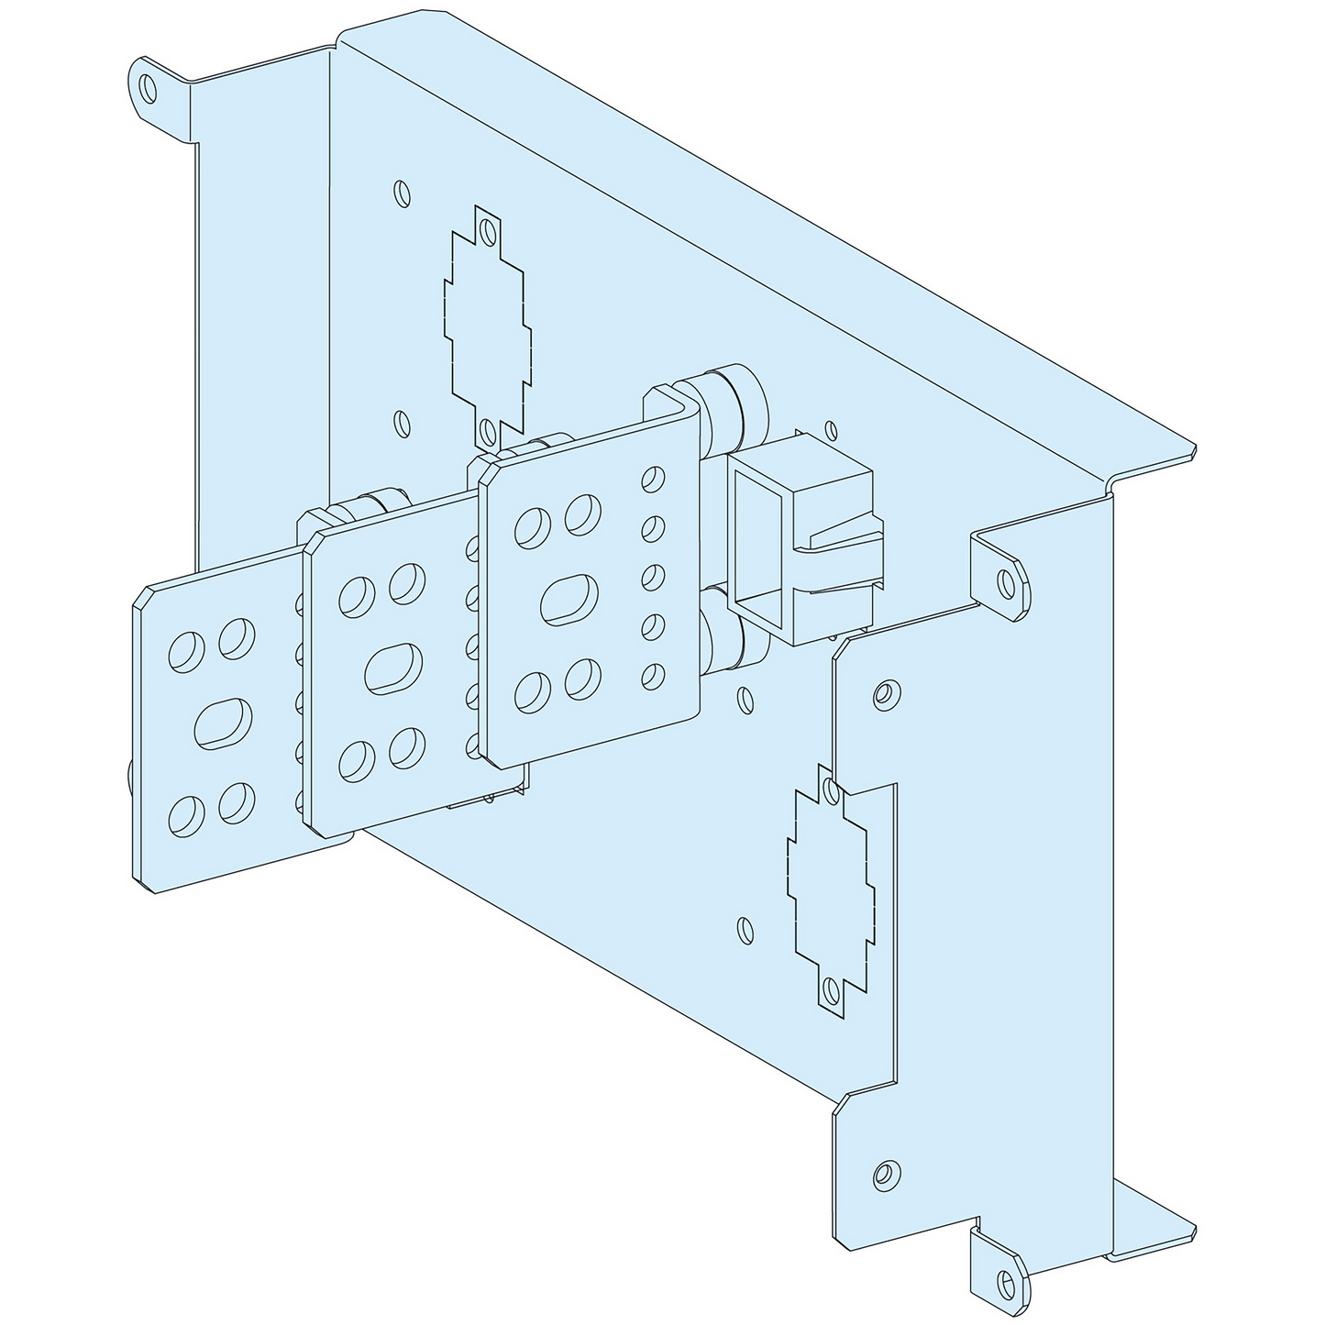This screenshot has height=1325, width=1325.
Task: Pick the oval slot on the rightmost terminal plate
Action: coord(569,600)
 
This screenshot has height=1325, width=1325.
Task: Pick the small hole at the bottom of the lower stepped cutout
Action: coord(831,989)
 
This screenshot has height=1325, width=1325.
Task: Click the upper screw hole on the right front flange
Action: coord(883,694)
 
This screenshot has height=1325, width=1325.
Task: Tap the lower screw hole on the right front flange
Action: coord(883,1172)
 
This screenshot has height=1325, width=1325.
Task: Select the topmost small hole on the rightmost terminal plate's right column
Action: coord(653,479)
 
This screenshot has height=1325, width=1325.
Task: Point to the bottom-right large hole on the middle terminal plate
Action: coord(407,747)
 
